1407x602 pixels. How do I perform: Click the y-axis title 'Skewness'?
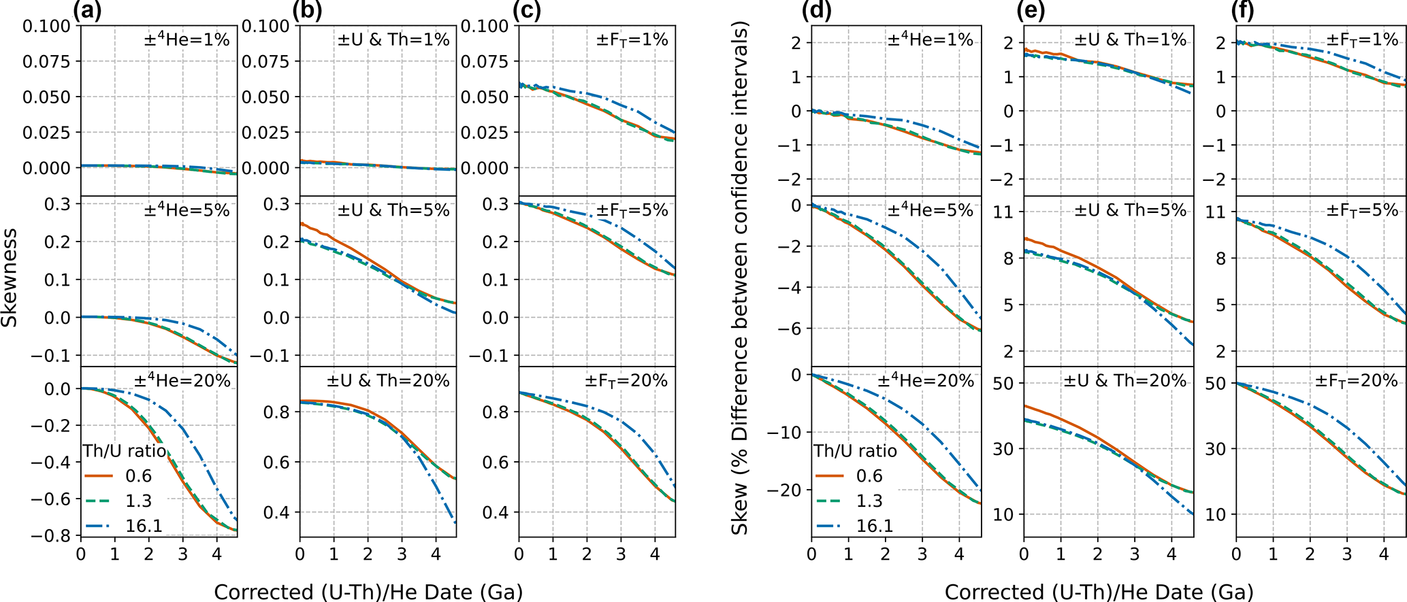(x=10, y=278)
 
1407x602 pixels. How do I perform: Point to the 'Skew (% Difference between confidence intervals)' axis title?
(x=739, y=278)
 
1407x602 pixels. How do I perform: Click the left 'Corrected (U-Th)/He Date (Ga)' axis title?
(x=368, y=592)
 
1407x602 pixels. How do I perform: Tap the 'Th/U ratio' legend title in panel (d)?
(x=856, y=451)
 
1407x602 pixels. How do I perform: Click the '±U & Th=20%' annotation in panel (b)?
(x=389, y=381)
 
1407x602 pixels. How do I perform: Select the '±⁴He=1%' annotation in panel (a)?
(x=187, y=39)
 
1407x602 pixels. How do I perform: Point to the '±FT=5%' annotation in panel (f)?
(x=1361, y=211)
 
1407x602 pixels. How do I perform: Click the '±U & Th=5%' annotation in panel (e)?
(x=1131, y=211)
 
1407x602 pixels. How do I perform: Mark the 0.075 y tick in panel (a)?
(x=46, y=61)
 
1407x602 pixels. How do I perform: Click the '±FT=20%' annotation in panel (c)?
(x=626, y=381)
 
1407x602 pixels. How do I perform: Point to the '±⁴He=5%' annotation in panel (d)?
(x=930, y=211)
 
